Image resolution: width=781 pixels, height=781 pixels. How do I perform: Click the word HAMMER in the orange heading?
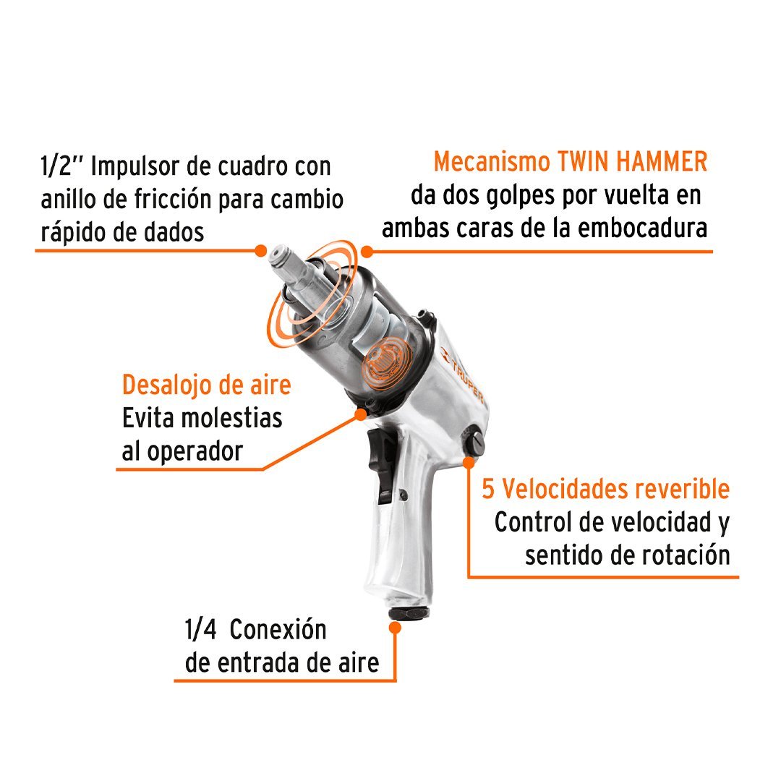coord(662,162)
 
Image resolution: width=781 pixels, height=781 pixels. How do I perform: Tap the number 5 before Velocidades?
coord(488,489)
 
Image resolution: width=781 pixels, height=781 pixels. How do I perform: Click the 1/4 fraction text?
coord(201,630)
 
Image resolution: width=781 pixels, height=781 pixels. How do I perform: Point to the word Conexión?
coord(278,630)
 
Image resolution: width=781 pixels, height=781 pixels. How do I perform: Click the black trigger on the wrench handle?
coord(380,466)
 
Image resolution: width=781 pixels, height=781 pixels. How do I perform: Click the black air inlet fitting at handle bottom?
coord(409,613)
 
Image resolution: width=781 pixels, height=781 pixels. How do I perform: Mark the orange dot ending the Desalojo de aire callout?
coord(360,414)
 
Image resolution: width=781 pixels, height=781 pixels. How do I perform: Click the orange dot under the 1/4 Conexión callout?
coord(395,628)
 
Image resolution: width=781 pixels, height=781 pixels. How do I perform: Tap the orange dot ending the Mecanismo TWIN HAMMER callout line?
coord(367,252)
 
